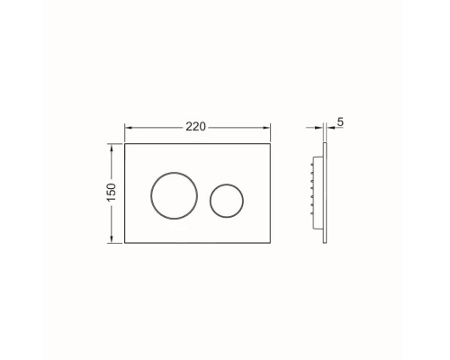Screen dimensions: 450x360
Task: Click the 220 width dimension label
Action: (x=195, y=127)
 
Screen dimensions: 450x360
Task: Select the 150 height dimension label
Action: (x=111, y=193)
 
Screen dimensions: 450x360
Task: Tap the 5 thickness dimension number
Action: (x=340, y=122)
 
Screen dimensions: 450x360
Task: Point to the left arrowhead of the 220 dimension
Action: (x=129, y=128)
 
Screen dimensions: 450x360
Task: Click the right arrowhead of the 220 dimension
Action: (x=266, y=128)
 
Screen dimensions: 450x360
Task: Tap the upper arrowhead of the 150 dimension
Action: (x=112, y=148)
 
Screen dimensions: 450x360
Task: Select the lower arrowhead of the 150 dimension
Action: (x=112, y=239)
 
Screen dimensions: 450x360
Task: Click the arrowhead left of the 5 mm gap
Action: (x=319, y=128)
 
